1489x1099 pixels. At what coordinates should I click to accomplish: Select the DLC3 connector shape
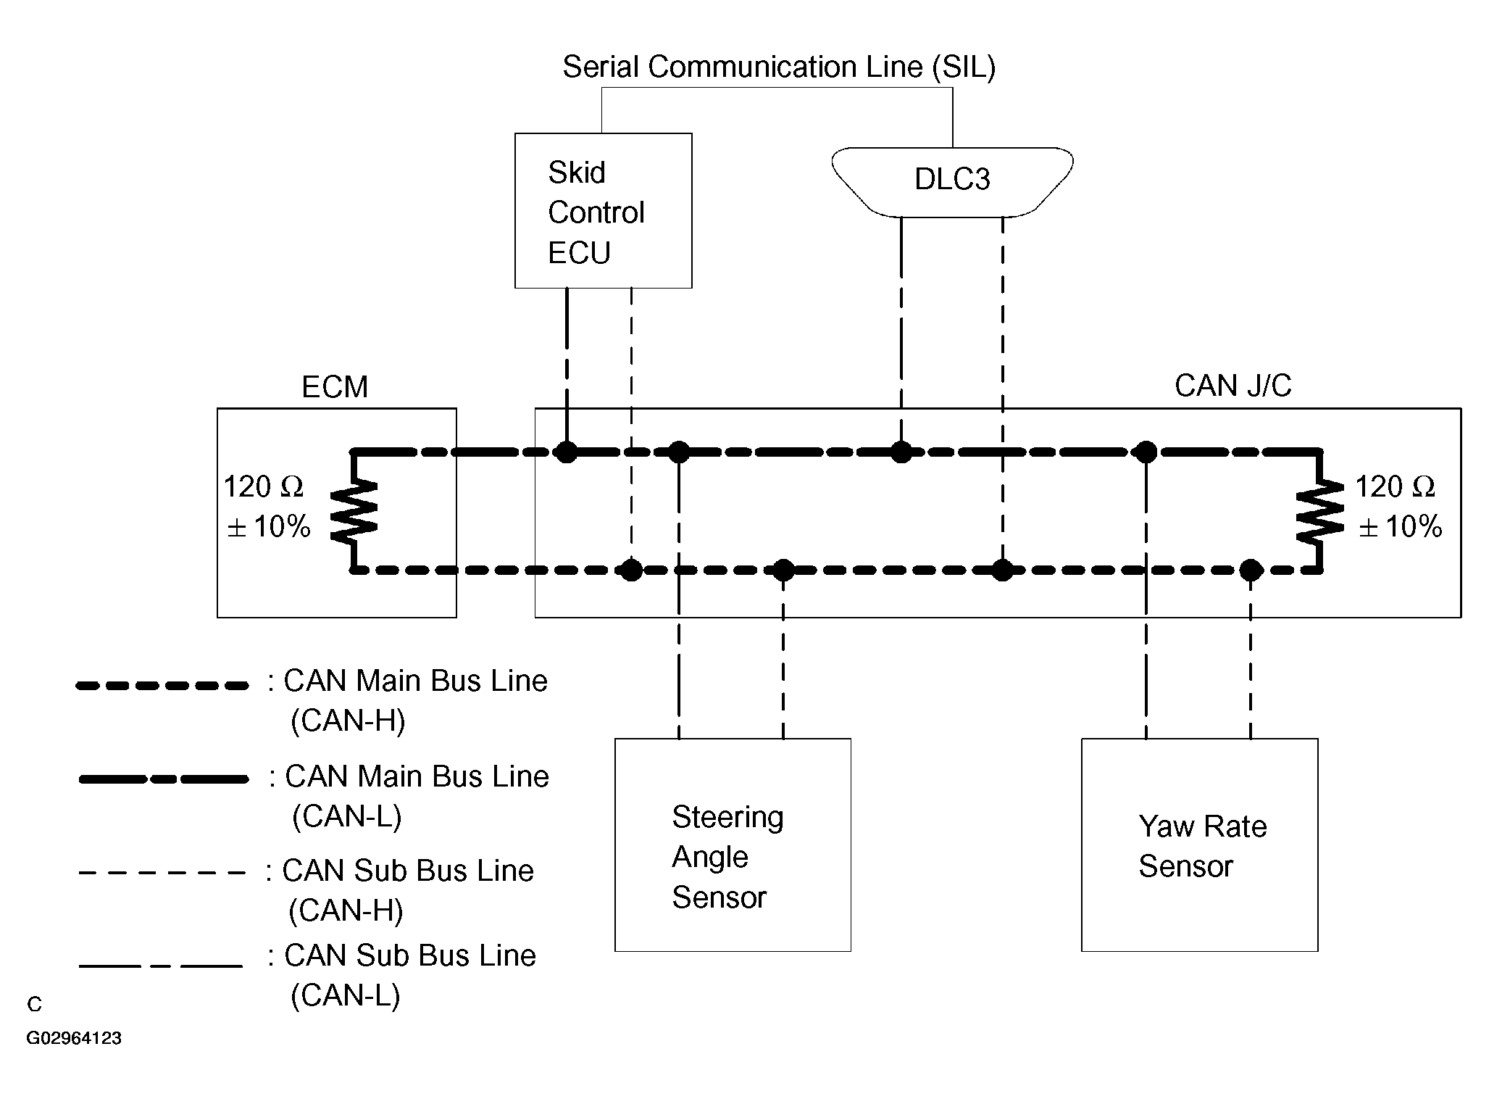[952, 182]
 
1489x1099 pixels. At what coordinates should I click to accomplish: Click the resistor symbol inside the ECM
[354, 511]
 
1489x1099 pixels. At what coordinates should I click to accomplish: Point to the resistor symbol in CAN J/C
[1320, 511]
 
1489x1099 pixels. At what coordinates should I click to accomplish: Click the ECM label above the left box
[335, 387]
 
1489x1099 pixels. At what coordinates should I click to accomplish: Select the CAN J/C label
[1233, 386]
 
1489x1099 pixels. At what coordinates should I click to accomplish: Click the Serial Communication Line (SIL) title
[779, 67]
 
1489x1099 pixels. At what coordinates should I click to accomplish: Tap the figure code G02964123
[74, 1038]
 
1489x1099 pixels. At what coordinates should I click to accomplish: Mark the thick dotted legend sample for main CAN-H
[162, 685]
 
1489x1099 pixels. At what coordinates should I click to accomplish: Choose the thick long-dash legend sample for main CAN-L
[164, 779]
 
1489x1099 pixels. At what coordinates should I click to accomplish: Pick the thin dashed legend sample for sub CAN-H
[162, 872]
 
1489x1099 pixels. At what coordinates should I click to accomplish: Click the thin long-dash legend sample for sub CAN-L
[161, 966]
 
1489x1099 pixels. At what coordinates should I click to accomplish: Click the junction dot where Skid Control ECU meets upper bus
[567, 452]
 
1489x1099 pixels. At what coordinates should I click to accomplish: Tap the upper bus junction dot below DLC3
[901, 452]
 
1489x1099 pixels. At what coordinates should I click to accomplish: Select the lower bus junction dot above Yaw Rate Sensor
[1251, 571]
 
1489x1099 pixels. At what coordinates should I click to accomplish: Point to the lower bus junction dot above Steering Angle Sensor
[783, 571]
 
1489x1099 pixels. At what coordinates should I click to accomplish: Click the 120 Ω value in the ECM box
[263, 487]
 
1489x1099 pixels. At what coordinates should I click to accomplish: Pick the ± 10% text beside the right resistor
[1400, 527]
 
